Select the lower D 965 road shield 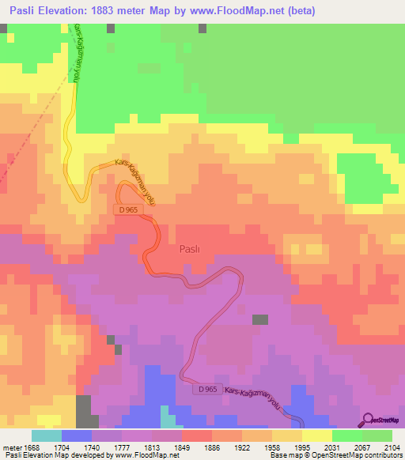(x=207, y=390)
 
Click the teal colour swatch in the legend (x=47, y=435)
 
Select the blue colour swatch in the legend (x=76, y=435)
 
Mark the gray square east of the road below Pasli (x=259, y=319)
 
